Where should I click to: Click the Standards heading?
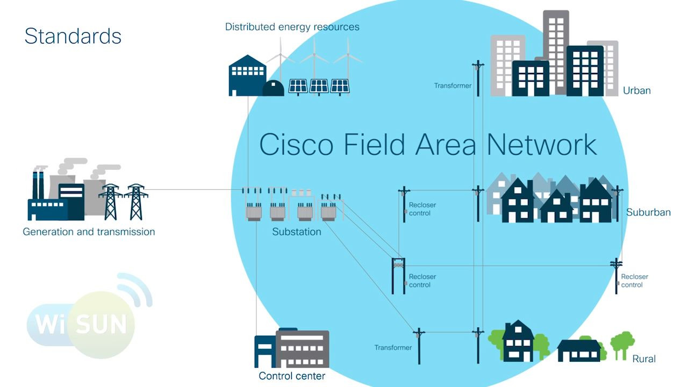tap(73, 36)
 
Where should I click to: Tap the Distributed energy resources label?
tap(292, 27)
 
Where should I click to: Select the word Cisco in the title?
tap(296, 144)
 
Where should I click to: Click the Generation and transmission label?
tap(89, 232)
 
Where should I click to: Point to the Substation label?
tap(297, 232)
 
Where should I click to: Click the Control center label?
tap(292, 376)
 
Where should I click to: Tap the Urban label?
tap(636, 90)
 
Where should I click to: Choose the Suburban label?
tap(648, 212)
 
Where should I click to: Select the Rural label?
tap(644, 359)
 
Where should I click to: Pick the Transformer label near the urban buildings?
tap(453, 85)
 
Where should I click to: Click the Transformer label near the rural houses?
tap(393, 348)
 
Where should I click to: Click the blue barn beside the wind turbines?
tap(247, 76)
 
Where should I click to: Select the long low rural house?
tap(579, 350)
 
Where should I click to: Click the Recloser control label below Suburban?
tap(634, 281)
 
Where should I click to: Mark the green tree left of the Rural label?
tap(622, 344)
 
